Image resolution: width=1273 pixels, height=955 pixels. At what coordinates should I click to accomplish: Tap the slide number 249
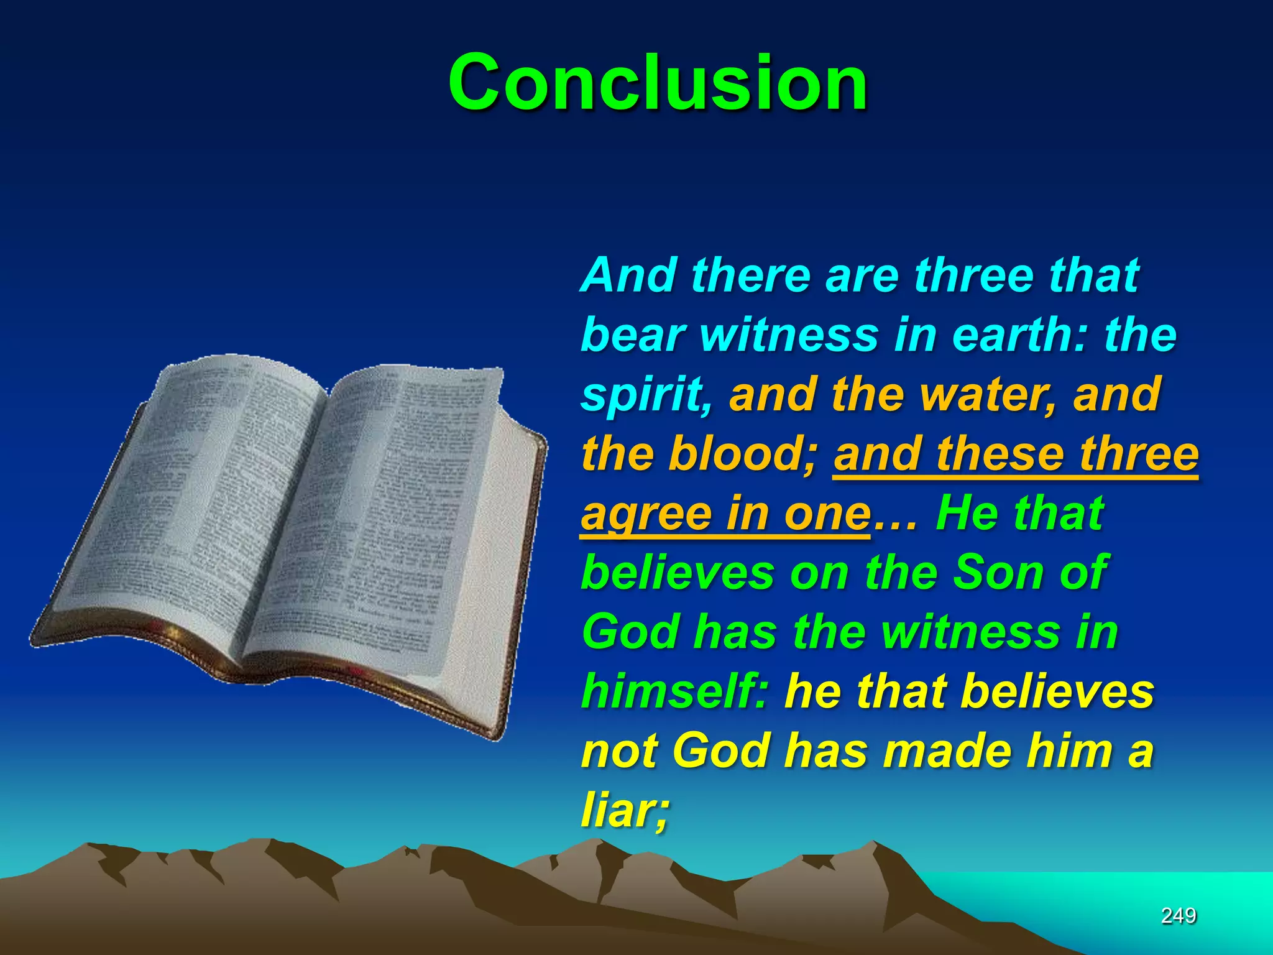pyautogui.click(x=1179, y=915)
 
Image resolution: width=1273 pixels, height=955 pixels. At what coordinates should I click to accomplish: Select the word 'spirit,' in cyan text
pyautogui.click(x=646, y=395)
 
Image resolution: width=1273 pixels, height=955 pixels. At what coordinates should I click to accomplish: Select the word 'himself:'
pyautogui.click(x=675, y=691)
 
